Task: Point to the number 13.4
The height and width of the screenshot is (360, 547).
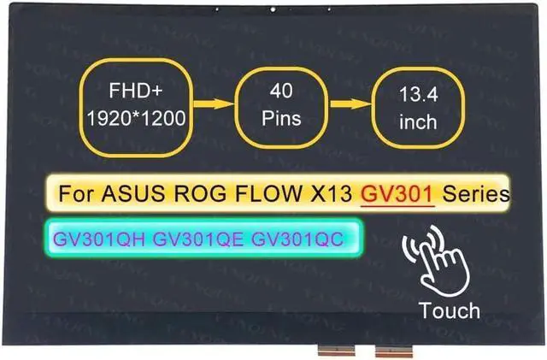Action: coord(417,95)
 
